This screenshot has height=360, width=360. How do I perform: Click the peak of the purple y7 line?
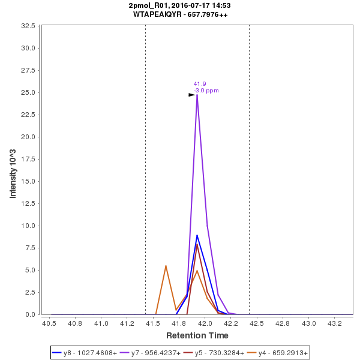pyautogui.click(x=197, y=95)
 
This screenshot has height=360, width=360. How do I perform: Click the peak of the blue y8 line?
pyautogui.click(x=197, y=235)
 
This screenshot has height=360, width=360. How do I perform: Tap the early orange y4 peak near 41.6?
pyautogui.click(x=166, y=266)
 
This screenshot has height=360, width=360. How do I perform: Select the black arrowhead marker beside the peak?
pyautogui.click(x=192, y=95)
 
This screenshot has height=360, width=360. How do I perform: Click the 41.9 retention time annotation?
pyautogui.click(x=200, y=84)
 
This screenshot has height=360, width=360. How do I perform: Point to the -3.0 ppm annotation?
pyautogui.click(x=206, y=91)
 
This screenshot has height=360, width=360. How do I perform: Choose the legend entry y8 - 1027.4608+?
pyautogui.click(x=85, y=353)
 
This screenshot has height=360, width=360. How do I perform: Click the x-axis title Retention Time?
pyautogui.click(x=197, y=335)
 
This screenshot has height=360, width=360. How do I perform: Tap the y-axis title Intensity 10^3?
pyautogui.click(x=13, y=170)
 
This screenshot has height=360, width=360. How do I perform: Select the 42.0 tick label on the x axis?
pyautogui.click(x=205, y=324)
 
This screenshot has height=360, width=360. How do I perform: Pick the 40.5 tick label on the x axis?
pyautogui.click(x=49, y=324)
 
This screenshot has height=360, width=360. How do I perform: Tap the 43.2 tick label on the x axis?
pyautogui.click(x=334, y=324)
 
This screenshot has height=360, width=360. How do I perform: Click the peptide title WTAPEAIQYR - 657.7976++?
pyautogui.click(x=180, y=14)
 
